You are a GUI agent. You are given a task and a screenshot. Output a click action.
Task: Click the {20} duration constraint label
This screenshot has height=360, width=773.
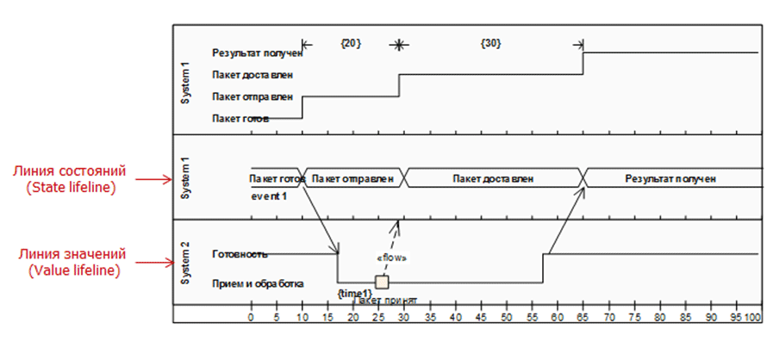(x=351, y=43)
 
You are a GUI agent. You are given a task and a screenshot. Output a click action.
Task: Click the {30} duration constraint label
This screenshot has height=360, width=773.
(x=490, y=43)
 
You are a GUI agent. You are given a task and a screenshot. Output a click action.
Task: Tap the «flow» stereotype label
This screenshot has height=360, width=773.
(x=392, y=257)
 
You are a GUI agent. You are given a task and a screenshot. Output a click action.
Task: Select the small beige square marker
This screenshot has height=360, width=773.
(x=382, y=282)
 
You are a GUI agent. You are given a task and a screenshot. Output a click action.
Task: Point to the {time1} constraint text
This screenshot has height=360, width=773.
(x=353, y=294)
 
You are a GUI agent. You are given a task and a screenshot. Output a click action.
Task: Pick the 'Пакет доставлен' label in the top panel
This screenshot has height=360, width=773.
(x=253, y=75)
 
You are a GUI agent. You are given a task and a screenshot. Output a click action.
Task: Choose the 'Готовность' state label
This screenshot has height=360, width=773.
(x=240, y=254)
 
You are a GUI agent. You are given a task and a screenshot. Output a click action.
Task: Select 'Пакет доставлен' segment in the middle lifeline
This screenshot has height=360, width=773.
(x=495, y=178)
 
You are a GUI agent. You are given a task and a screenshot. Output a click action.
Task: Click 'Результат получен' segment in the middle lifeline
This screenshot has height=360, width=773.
(x=671, y=178)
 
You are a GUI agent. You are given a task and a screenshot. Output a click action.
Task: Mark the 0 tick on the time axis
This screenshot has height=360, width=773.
(x=251, y=318)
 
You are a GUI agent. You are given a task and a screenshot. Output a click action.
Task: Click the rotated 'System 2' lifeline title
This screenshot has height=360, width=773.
(x=185, y=262)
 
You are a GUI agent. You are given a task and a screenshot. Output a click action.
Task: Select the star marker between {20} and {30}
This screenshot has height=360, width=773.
(x=398, y=44)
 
